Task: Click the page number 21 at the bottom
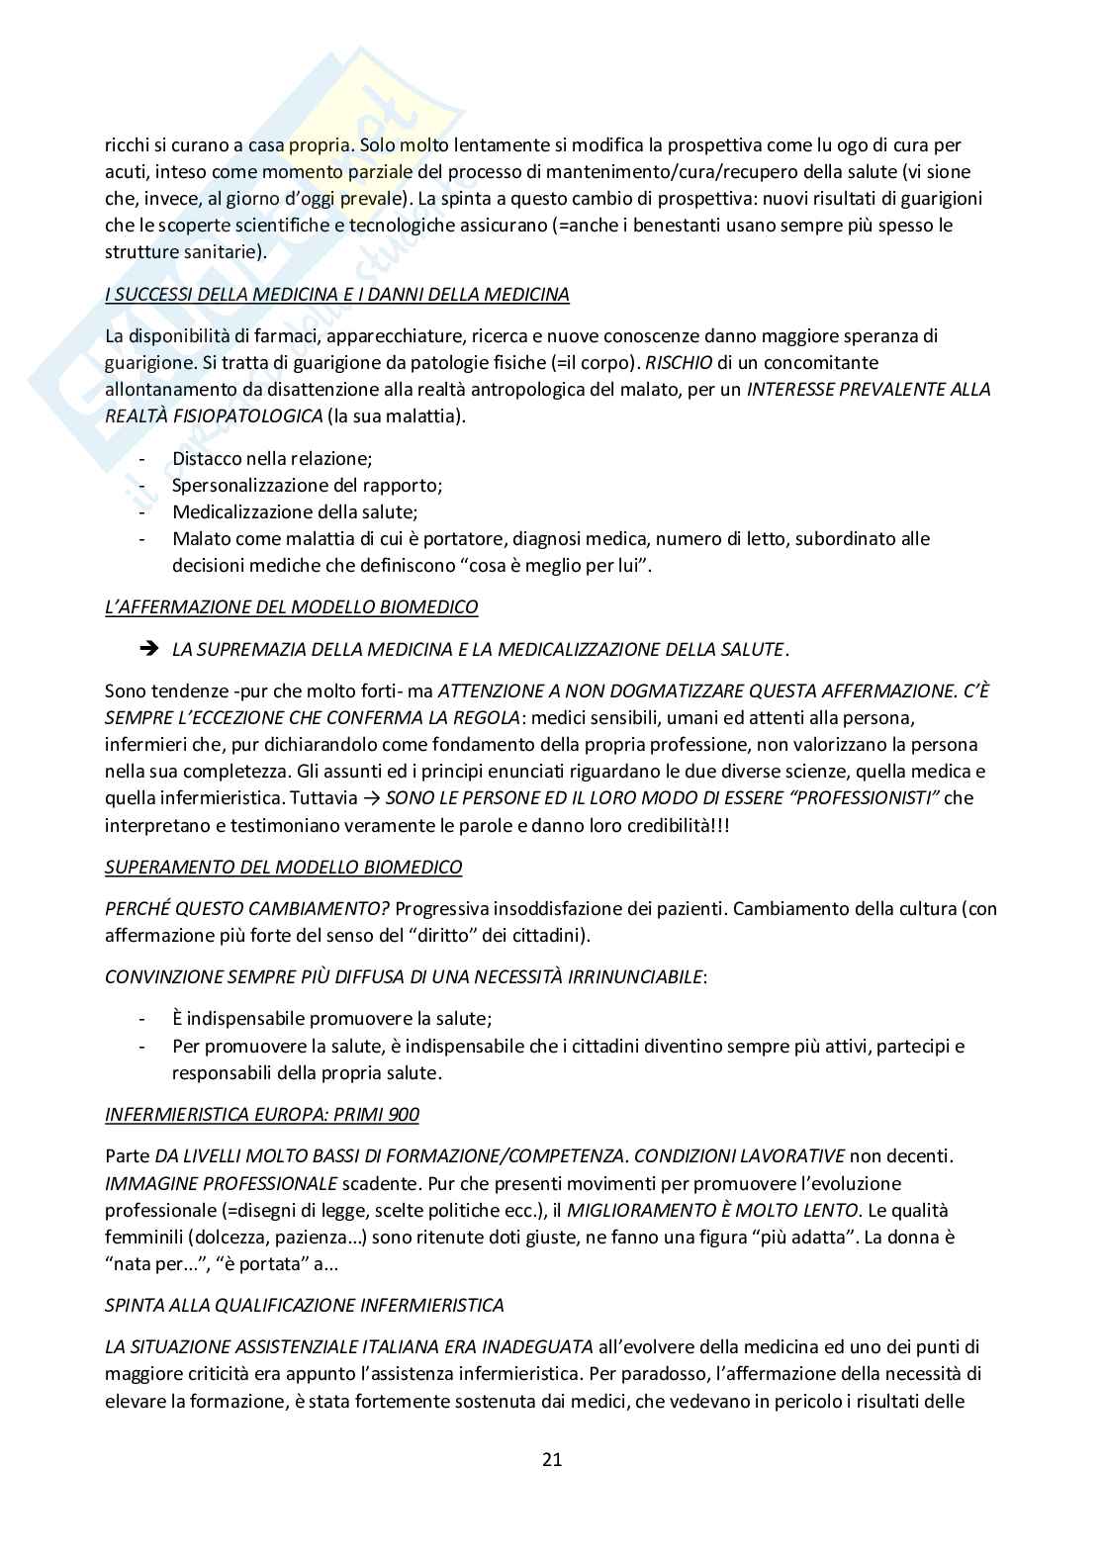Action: (552, 1458)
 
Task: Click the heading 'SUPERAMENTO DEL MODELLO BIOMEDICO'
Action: (283, 867)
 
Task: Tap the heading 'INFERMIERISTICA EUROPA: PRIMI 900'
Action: (261, 1114)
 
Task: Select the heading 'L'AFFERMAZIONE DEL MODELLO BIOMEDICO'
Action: (291, 606)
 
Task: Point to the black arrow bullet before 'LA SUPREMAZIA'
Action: (149, 649)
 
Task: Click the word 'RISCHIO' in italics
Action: (679, 362)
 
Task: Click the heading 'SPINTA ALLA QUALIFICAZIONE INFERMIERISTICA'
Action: (304, 1305)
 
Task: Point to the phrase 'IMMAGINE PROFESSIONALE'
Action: (221, 1183)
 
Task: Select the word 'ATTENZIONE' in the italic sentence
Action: (490, 690)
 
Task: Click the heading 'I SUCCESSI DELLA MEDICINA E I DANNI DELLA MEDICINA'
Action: (336, 294)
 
